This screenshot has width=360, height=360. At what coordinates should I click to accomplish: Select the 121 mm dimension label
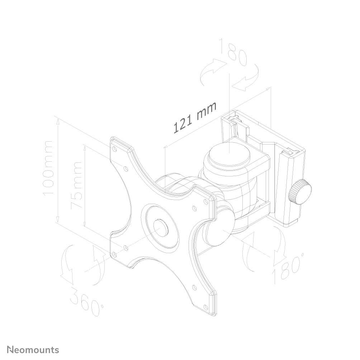pos(195,117)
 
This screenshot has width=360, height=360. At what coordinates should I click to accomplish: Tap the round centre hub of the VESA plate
pos(161,227)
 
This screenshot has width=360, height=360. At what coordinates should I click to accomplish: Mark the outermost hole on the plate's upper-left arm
pos(114,147)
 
